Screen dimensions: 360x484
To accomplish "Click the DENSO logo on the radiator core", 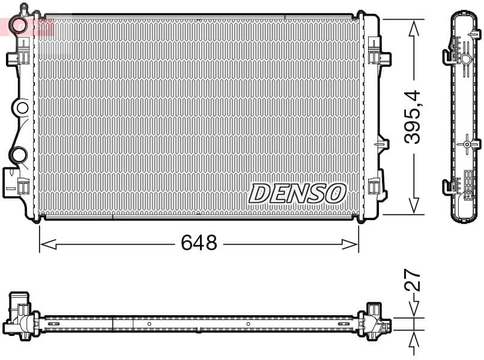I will click(x=297, y=193).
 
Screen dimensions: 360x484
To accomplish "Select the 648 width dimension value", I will click(x=199, y=243).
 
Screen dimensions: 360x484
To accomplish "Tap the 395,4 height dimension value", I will click(x=413, y=116).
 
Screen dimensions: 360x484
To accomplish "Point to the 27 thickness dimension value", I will click(x=413, y=280).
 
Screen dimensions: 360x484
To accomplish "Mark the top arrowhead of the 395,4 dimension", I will click(x=413, y=28).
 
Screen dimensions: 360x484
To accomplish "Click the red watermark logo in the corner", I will click(x=26, y=26).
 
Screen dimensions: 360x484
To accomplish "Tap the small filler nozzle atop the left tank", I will click(x=23, y=9).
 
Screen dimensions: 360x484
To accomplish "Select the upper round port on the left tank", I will click(x=22, y=108).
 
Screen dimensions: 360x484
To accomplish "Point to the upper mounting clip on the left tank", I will click(x=19, y=58).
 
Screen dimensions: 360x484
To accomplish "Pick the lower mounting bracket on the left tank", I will click(x=15, y=182).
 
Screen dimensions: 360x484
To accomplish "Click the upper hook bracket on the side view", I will click(x=452, y=57).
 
